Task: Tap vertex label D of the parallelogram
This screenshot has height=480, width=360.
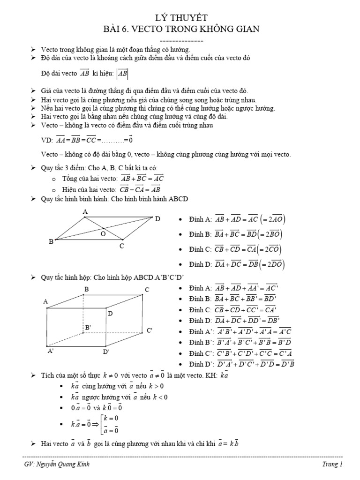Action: [x=157, y=219]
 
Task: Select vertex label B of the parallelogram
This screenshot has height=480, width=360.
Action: [x=51, y=242]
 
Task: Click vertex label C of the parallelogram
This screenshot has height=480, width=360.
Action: [x=121, y=246]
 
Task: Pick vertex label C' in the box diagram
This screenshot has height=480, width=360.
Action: [x=150, y=330]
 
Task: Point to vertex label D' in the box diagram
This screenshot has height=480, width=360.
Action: [x=106, y=352]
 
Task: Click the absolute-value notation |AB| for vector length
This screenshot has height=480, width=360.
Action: [x=122, y=74]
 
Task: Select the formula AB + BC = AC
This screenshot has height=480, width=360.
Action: [x=142, y=179]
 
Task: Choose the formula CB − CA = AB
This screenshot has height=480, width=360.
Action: [x=142, y=189]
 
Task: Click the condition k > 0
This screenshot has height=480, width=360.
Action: [x=158, y=386]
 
